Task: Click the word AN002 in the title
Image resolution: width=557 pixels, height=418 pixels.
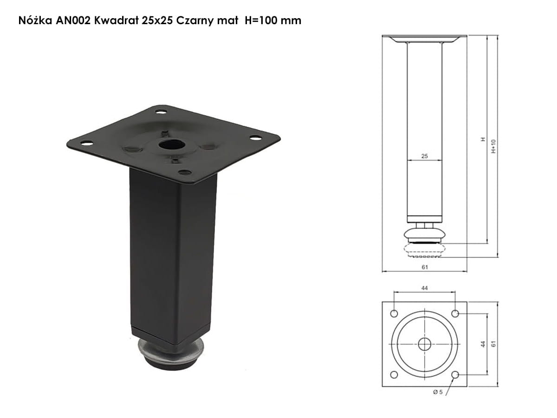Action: coord(73,20)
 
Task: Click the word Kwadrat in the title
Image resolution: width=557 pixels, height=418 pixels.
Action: coord(116,20)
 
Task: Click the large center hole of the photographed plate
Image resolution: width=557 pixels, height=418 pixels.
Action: coord(172,144)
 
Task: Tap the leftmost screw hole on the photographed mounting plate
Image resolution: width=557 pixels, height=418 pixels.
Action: coord(87,144)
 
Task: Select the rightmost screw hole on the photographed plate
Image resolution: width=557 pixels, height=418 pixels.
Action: coord(255,138)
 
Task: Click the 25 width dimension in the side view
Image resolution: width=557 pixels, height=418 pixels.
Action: coord(425,156)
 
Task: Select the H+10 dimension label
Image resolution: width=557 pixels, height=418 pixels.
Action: coord(493,146)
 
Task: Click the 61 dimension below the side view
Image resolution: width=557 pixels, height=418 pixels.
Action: coord(425,267)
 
